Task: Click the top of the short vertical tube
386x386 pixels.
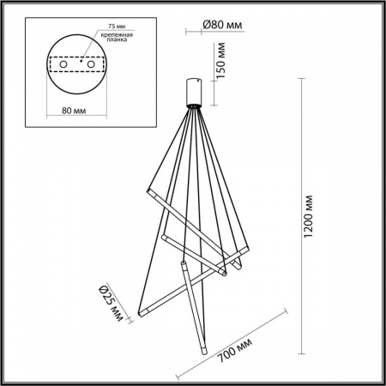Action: (x=183, y=262)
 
